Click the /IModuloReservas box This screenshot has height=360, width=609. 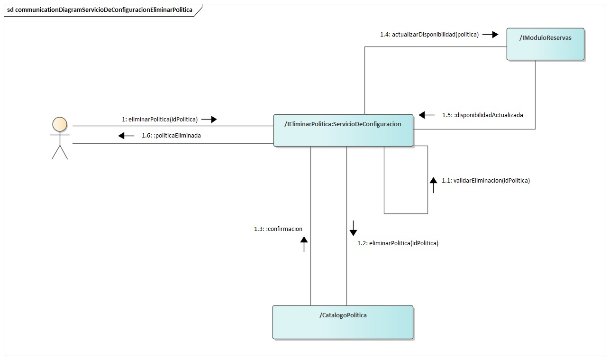tap(545, 44)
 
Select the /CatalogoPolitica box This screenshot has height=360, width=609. tap(343, 322)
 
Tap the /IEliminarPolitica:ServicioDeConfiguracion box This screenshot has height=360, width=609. tap(343, 130)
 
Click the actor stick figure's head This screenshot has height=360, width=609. tap(60, 123)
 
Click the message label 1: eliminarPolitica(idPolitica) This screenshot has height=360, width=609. tap(160, 120)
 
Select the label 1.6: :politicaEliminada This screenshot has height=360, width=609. tap(171, 136)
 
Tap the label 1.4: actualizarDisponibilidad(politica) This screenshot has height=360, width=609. tap(429, 34)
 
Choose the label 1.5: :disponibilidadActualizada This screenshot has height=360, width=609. tap(482, 115)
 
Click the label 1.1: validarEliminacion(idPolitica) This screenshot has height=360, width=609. tap(486, 181)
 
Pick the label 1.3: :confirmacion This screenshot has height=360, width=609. tap(278, 229)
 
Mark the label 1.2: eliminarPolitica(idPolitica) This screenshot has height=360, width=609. tap(398, 243)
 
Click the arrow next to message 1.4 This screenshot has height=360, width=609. tap(491, 34)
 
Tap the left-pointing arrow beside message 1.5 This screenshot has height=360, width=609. tap(427, 115)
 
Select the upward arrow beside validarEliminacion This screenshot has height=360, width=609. tap(433, 185)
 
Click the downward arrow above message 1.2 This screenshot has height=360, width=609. tap(353, 228)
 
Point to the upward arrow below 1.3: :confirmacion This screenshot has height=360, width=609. tap(304, 244)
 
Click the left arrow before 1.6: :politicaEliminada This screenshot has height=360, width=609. tap(126, 136)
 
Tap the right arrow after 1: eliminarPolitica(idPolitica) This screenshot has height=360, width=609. tap(209, 120)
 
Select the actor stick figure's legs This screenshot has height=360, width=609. tap(60, 152)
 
